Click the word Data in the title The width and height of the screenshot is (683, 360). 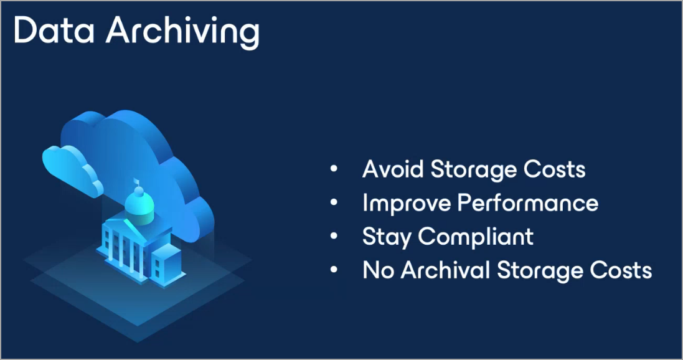point(54,31)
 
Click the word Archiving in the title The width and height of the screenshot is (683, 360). point(183,32)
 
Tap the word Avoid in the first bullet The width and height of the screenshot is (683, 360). point(393,169)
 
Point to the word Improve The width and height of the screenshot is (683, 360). point(407,204)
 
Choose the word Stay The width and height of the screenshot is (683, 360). point(387,237)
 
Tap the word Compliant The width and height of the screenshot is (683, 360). point(476,237)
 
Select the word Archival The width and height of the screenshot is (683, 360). point(445,270)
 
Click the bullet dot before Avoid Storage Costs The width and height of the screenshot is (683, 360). point(334,169)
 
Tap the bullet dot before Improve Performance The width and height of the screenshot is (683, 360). point(334,202)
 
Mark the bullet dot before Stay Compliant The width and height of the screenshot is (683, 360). point(334,236)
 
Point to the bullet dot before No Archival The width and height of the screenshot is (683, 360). point(334,270)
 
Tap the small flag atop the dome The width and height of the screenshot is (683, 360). point(136,181)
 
